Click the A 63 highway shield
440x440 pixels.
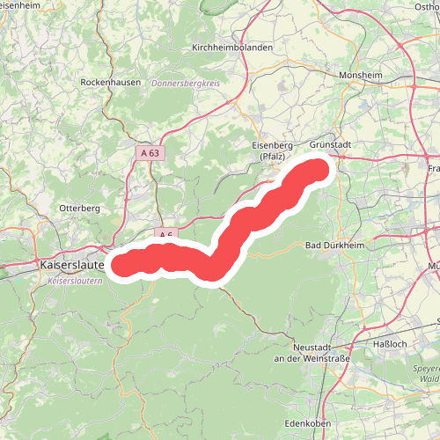point(150,153)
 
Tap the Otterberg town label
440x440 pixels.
point(80,208)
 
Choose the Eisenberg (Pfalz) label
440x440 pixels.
point(272,151)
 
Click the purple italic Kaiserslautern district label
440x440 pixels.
point(73,281)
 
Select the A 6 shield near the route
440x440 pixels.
point(165,235)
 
